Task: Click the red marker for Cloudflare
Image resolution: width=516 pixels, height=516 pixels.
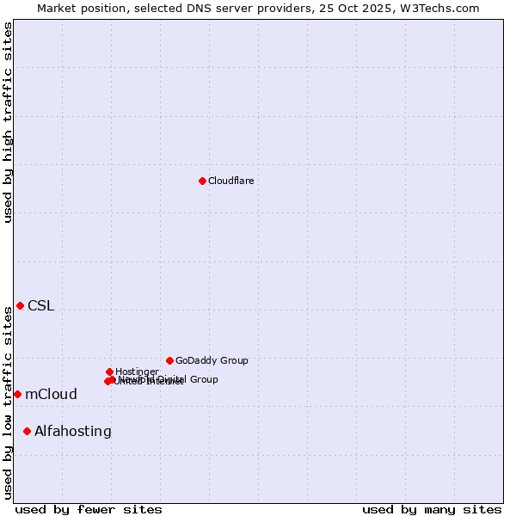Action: (x=202, y=181)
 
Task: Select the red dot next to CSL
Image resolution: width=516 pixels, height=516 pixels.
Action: (x=20, y=305)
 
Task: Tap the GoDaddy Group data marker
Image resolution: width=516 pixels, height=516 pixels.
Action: (x=169, y=360)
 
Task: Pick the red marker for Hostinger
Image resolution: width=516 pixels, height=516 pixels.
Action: (x=109, y=372)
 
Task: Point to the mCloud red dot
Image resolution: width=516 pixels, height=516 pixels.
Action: (x=17, y=394)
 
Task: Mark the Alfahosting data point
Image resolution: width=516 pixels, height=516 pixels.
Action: (x=27, y=431)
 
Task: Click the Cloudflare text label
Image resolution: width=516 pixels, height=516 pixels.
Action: (x=230, y=181)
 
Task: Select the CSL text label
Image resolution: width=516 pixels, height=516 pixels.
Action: (x=40, y=305)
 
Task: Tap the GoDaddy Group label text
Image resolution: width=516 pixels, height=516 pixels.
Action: (x=212, y=360)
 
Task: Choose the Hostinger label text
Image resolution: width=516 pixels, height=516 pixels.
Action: (x=137, y=372)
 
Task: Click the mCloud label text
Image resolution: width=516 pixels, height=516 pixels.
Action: (x=51, y=394)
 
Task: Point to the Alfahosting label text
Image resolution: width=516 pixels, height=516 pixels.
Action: (x=73, y=431)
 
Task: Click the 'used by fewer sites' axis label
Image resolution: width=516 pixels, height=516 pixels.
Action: (x=89, y=509)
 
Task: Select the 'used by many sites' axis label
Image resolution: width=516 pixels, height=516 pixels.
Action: (x=432, y=509)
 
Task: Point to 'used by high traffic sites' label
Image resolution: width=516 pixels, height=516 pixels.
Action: (x=8, y=122)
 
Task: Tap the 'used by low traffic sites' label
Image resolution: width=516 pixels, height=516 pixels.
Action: (x=8, y=402)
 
